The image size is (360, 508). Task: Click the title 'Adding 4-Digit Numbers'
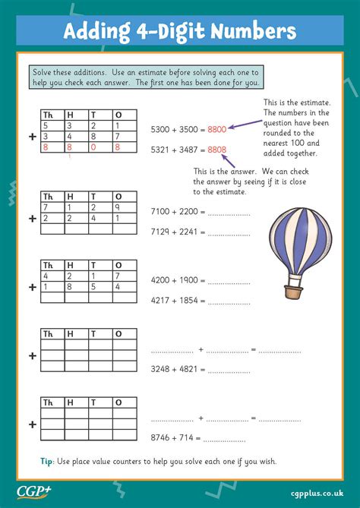(179, 31)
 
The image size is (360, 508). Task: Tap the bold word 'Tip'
(46, 461)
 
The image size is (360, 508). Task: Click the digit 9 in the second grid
(117, 207)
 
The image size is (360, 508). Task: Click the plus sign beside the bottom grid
(32, 425)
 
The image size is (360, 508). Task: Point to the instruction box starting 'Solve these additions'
(146, 76)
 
